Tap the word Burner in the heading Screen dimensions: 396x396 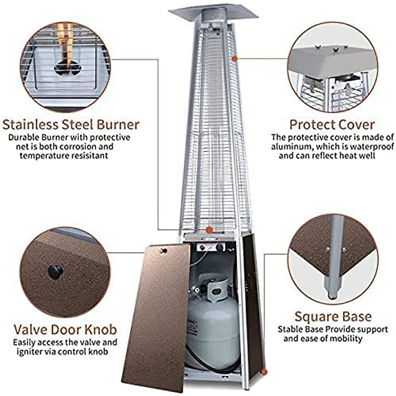118,125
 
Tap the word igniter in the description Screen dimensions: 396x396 30,351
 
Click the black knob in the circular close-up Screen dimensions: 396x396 55,272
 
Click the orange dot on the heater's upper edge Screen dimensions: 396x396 235,58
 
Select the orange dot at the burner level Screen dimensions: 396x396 209,230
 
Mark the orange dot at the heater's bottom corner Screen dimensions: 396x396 263,372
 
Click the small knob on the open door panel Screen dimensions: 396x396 162,251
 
